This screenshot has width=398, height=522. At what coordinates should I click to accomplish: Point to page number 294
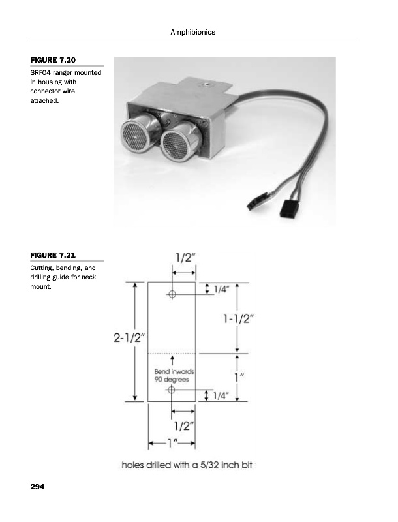pyautogui.click(x=40, y=487)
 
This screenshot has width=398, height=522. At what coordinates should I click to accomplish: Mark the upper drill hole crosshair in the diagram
pyautogui.click(x=172, y=294)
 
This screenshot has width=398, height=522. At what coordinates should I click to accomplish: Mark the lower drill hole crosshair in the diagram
pyautogui.click(x=172, y=390)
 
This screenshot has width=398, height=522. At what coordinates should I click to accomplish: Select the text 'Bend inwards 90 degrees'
pyautogui.click(x=172, y=375)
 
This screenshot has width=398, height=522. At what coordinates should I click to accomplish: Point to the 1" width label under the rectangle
pyautogui.click(x=172, y=444)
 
